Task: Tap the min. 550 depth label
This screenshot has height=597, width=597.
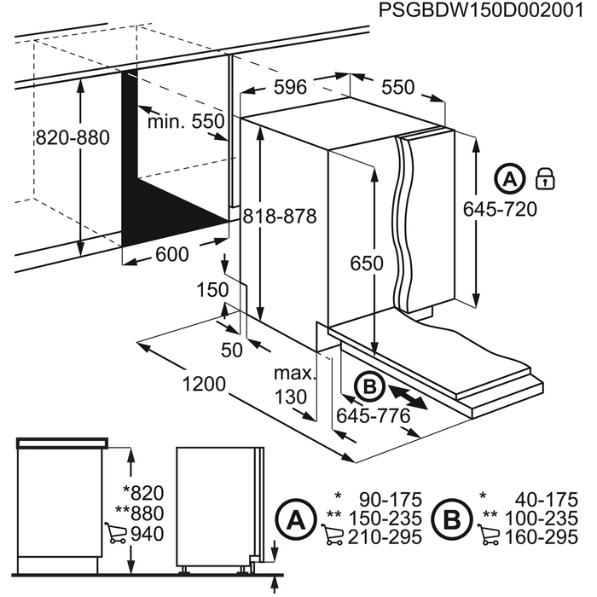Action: (x=186, y=122)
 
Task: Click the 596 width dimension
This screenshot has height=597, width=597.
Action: (x=290, y=87)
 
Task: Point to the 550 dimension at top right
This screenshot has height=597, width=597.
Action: (x=397, y=87)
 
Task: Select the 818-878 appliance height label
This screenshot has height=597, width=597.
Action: (x=279, y=217)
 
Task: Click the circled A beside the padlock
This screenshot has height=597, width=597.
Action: (x=509, y=180)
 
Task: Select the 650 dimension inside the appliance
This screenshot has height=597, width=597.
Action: (x=367, y=264)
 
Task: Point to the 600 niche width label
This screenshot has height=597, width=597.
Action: (x=173, y=254)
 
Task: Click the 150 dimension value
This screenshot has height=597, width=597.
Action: (x=212, y=290)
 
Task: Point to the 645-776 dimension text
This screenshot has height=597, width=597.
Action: (x=373, y=416)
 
